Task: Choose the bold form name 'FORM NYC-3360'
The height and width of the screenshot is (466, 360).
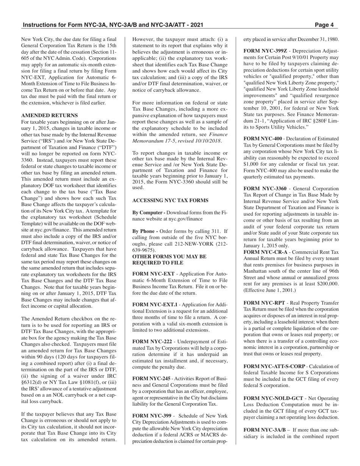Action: pos(264,188)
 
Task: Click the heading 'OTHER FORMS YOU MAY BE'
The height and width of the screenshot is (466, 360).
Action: pos(169,256)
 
